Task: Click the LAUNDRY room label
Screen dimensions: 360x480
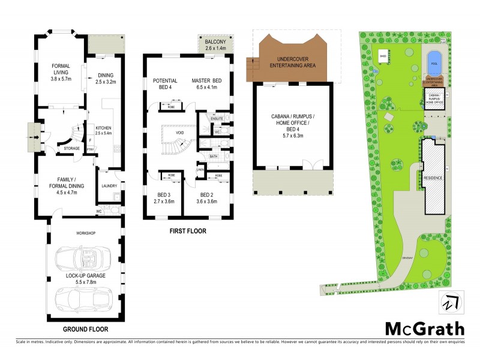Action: coord(109,186)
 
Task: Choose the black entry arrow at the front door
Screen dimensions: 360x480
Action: coord(38,137)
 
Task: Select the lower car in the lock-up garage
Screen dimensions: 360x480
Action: coord(79,298)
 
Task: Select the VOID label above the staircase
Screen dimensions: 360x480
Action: coord(179,133)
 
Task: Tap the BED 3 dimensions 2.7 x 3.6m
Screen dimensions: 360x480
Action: coord(164,202)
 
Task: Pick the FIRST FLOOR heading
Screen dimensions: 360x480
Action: coord(188,230)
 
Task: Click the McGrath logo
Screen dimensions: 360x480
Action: coord(424,328)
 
